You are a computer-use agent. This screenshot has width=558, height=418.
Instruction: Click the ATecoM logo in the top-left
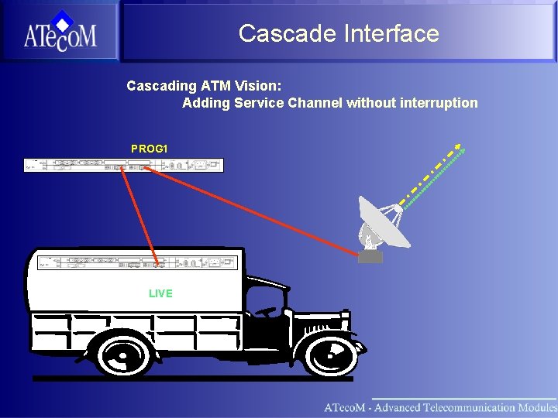pos(60,32)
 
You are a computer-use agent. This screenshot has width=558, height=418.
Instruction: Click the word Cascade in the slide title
pos(274,33)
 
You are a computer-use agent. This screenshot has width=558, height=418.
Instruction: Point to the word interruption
pos(439,103)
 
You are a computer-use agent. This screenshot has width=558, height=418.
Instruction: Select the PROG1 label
pos(149,148)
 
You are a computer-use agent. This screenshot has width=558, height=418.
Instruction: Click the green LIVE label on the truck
pos(160,293)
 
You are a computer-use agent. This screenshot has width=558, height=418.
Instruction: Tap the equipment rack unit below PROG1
pos(123,165)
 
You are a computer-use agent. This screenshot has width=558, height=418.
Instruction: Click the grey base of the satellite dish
pos(370,256)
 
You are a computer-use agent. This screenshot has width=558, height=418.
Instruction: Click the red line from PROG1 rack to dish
pos(256,210)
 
